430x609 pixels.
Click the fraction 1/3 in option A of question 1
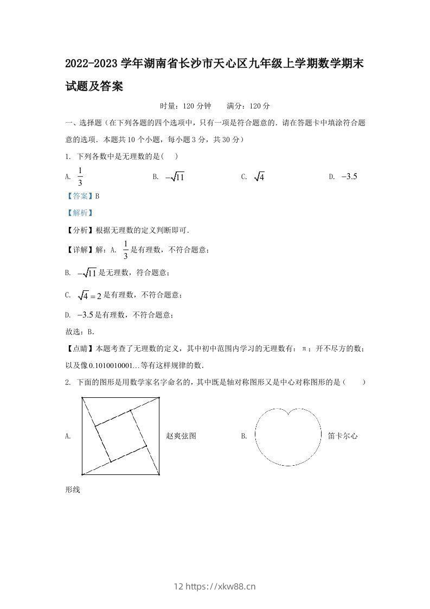click(x=80, y=176)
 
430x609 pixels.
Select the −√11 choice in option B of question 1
click(x=175, y=177)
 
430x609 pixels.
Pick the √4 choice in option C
click(x=259, y=177)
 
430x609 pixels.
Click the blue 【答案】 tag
click(x=79, y=196)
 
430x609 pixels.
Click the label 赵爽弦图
click(x=181, y=436)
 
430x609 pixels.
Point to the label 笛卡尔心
click(x=343, y=436)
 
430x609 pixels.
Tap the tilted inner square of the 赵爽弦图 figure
click(x=121, y=436)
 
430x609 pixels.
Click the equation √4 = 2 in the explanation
click(x=90, y=295)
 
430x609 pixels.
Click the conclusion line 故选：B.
click(x=80, y=332)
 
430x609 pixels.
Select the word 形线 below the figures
click(x=73, y=490)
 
